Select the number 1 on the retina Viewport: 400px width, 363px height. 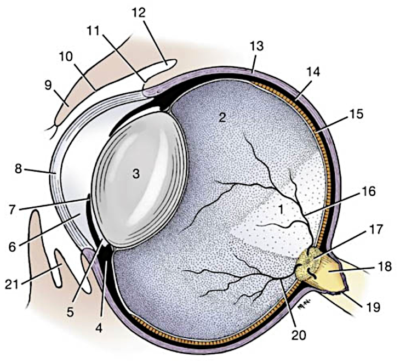tap(281, 209)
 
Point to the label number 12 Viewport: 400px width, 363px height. tap(139, 12)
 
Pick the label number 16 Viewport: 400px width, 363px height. tap(368, 192)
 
